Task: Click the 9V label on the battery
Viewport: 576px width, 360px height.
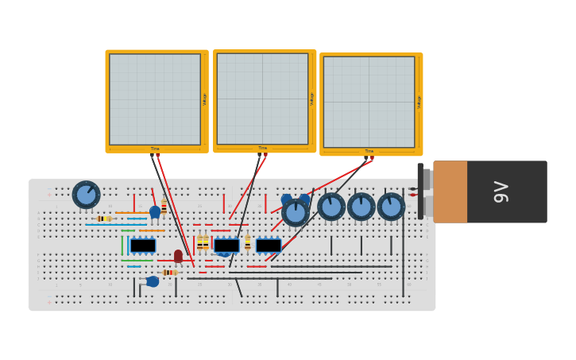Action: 501,192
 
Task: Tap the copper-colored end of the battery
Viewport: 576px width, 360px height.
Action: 450,192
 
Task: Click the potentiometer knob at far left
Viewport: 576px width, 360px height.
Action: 86,195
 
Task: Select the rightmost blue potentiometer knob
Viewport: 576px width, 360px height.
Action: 391,207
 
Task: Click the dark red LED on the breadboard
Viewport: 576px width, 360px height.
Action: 178,256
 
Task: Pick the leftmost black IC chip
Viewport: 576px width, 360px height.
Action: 143,246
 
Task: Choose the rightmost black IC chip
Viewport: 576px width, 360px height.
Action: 268,246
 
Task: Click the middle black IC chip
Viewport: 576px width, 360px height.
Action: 226,246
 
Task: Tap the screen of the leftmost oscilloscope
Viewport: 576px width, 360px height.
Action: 155,99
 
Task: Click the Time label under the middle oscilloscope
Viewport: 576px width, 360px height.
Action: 262,149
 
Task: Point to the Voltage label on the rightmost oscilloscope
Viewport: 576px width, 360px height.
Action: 419,102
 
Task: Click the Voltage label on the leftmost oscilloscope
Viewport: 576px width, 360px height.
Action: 205,99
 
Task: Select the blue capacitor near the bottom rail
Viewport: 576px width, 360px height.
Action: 152,281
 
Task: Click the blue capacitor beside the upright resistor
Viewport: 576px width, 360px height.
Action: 155,212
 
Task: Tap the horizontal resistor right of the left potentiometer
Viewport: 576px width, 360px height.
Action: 104,219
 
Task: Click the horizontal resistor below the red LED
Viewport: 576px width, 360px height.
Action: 169,273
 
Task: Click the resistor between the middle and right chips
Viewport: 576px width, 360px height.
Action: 247,242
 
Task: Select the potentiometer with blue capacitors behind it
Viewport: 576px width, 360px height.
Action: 296,212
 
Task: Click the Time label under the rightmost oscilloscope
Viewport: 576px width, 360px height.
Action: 369,151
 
